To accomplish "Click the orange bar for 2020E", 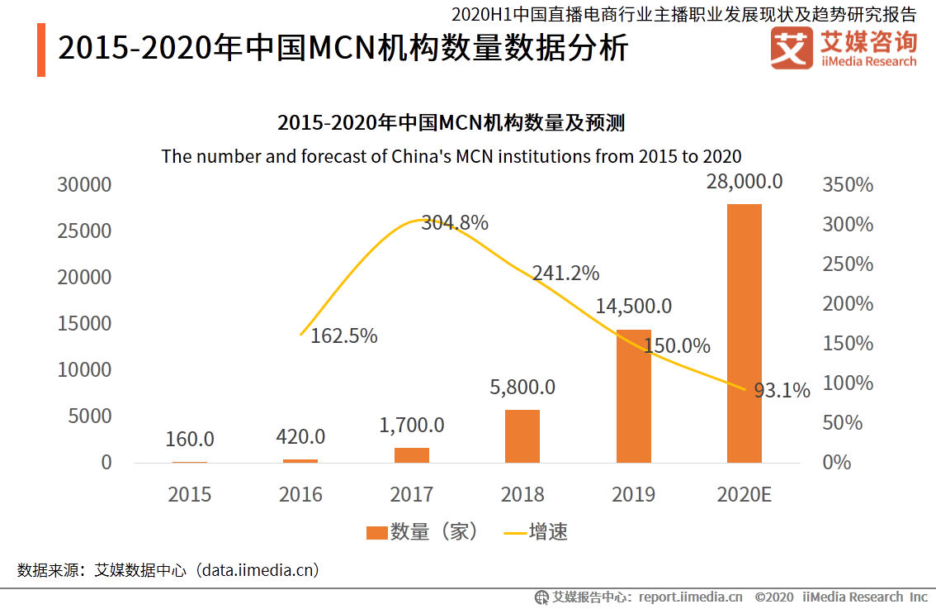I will tap(744, 333).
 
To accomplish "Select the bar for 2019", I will tap(633, 396).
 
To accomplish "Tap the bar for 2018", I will tap(522, 435).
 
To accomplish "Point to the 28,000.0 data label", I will tap(744, 181).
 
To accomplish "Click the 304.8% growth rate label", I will tap(455, 222).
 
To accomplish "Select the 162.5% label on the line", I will tap(343, 336).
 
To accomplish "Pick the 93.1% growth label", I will tap(782, 390).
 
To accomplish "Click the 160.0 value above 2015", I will tap(190, 439).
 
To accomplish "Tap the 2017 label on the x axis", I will tap(411, 495).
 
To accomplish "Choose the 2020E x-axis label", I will tap(744, 495).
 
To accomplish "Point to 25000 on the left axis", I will tap(84, 231).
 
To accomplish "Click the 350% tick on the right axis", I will tap(848, 185).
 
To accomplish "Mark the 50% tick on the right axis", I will tap(843, 423).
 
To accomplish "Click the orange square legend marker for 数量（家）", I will tap(376, 533).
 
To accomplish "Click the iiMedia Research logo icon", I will tap(790, 49).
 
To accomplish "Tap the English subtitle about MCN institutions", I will tap(451, 156).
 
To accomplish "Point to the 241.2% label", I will tap(565, 273).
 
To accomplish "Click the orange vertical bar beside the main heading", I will tap(41, 50).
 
